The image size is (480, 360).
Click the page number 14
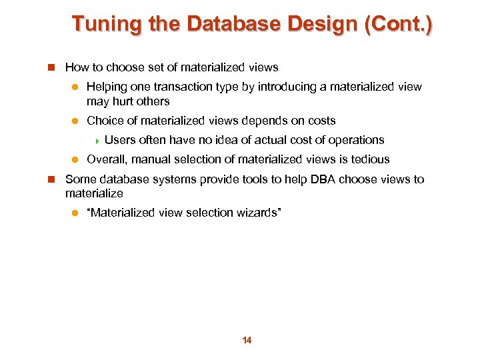(247, 341)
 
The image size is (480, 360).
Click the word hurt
(126, 101)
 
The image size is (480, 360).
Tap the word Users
(120, 140)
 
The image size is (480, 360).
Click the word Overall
(107, 159)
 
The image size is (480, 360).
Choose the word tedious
(370, 159)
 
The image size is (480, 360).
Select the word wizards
(261, 213)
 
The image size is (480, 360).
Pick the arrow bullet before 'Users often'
(97, 141)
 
